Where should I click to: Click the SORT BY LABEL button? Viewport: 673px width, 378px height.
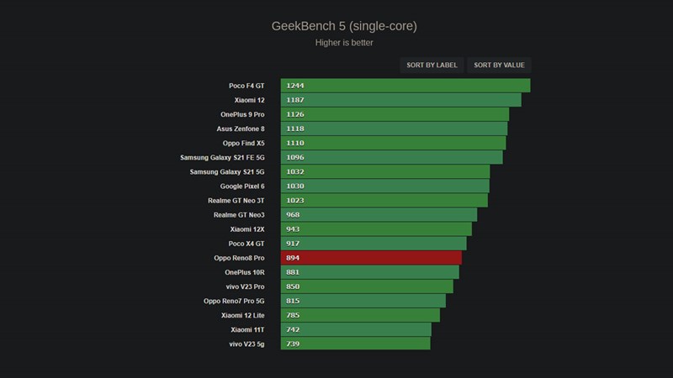(x=432, y=65)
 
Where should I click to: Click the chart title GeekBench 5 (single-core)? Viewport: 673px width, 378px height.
(x=343, y=26)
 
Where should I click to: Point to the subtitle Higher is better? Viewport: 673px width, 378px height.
(x=343, y=42)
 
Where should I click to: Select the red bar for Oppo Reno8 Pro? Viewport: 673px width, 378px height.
(x=371, y=258)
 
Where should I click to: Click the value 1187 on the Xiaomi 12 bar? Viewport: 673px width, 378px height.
(x=295, y=100)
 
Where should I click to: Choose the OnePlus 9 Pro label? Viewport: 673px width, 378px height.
(x=236, y=114)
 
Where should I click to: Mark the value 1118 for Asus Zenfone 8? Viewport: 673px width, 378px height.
(x=295, y=129)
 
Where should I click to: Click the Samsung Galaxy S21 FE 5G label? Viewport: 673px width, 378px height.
(x=222, y=157)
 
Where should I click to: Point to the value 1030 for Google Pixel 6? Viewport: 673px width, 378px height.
(x=295, y=186)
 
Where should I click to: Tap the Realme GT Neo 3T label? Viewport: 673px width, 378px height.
(x=236, y=201)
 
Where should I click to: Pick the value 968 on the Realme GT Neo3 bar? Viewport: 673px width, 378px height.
(x=293, y=215)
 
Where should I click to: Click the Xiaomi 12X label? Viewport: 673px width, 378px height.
(x=247, y=229)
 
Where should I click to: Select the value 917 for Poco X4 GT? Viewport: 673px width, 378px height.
(x=293, y=244)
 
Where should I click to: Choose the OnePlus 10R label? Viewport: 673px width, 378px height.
(x=245, y=272)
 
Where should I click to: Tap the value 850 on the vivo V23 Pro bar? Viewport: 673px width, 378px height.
(x=293, y=286)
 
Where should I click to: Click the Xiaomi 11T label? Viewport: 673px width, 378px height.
(x=247, y=329)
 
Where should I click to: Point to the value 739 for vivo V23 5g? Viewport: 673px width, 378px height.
(x=293, y=344)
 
